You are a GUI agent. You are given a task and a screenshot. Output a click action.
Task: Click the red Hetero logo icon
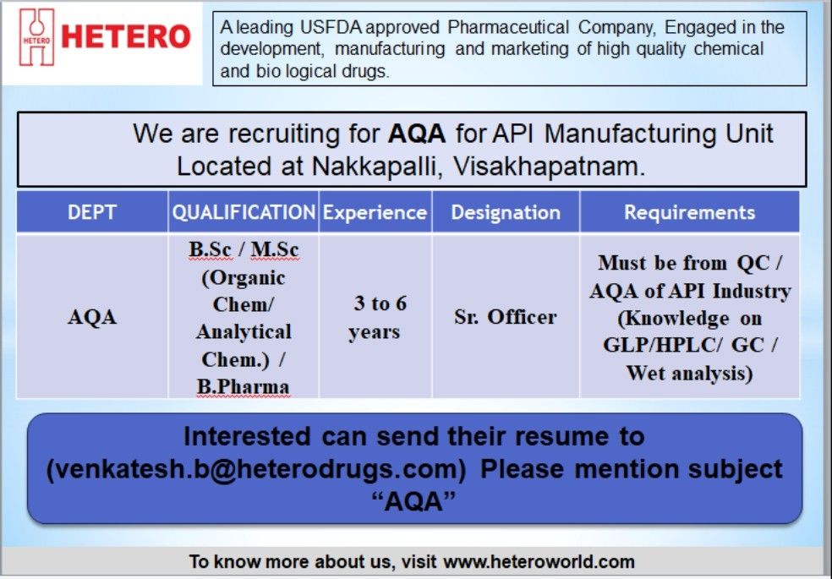click(36, 37)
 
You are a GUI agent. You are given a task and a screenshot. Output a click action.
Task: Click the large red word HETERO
click(126, 36)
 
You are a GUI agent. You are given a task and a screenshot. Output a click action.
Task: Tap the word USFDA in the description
click(331, 27)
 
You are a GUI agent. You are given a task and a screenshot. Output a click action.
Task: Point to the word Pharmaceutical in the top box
click(508, 27)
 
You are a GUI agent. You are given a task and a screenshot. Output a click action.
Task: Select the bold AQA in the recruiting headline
click(417, 134)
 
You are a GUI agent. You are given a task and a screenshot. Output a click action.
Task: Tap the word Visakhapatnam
click(550, 167)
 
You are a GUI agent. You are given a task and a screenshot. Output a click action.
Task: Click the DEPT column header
click(92, 213)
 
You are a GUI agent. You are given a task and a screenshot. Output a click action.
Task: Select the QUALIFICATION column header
click(244, 213)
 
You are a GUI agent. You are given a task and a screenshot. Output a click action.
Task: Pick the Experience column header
click(375, 213)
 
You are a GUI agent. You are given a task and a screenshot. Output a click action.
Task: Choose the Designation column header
click(506, 213)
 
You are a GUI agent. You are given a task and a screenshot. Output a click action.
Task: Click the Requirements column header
click(689, 213)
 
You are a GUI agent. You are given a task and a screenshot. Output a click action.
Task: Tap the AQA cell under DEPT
click(92, 317)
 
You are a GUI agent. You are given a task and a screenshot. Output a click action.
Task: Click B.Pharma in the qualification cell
click(243, 386)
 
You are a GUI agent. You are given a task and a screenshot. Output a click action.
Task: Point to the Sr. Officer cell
click(506, 317)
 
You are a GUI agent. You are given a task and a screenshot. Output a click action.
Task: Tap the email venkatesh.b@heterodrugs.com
click(256, 469)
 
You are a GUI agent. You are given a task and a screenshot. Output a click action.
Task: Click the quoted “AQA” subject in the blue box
click(413, 501)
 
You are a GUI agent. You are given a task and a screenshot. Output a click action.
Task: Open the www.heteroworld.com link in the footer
click(539, 561)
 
